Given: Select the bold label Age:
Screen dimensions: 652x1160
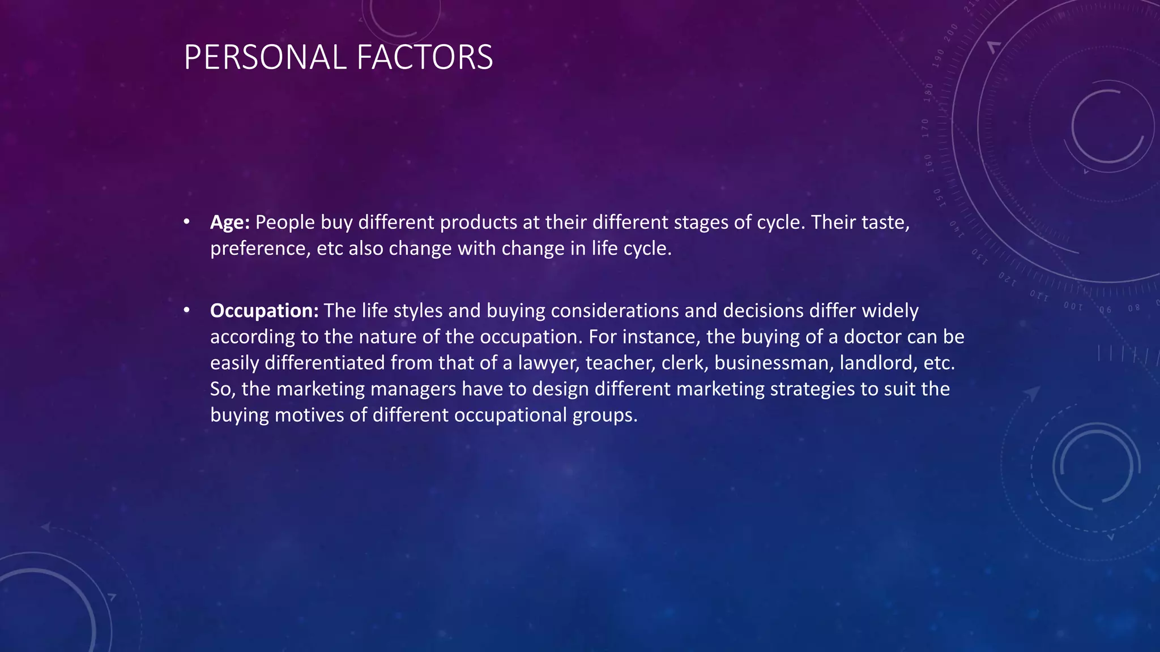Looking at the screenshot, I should pos(229,222).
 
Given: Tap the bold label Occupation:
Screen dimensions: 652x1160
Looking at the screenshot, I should pos(264,311).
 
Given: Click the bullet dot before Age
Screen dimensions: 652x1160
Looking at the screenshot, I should pos(186,222).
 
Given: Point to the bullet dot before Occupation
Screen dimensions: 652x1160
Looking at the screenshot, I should pos(186,310).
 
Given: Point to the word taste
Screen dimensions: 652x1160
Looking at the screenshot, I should pos(885,222).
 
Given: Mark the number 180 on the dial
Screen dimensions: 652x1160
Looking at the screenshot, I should pos(928,92).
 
